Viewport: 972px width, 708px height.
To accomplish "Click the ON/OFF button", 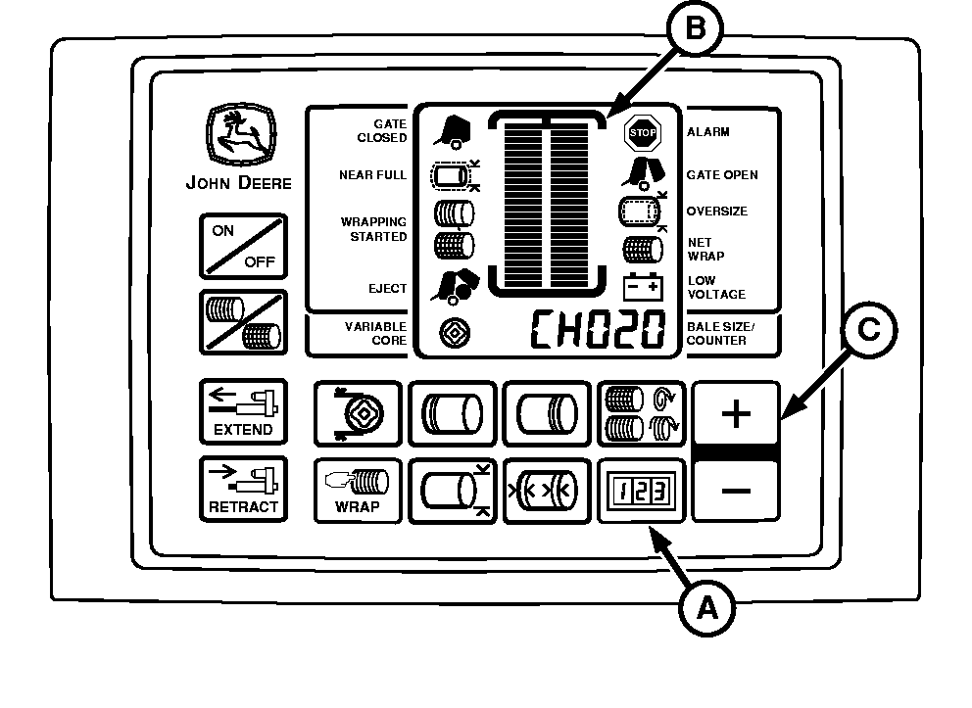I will click(x=244, y=246).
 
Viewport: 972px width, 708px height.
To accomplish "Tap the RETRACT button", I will click(x=243, y=488).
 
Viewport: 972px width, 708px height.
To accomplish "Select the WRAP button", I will click(x=358, y=488).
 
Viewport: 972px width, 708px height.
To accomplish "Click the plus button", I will click(x=735, y=413).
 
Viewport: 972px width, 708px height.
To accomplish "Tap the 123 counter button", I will click(x=641, y=488).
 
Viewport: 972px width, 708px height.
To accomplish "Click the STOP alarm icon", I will click(x=643, y=131).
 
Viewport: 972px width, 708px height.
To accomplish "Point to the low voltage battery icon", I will click(x=643, y=286).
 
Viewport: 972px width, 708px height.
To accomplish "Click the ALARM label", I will click(x=707, y=131).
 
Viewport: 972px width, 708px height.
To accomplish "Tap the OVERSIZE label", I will click(x=716, y=212).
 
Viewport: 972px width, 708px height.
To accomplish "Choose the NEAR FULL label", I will click(x=372, y=175).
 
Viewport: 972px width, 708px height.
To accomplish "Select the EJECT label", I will click(x=387, y=289).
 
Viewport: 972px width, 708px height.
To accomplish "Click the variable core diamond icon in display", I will click(x=453, y=331).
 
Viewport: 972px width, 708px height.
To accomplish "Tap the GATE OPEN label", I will click(x=721, y=175).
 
